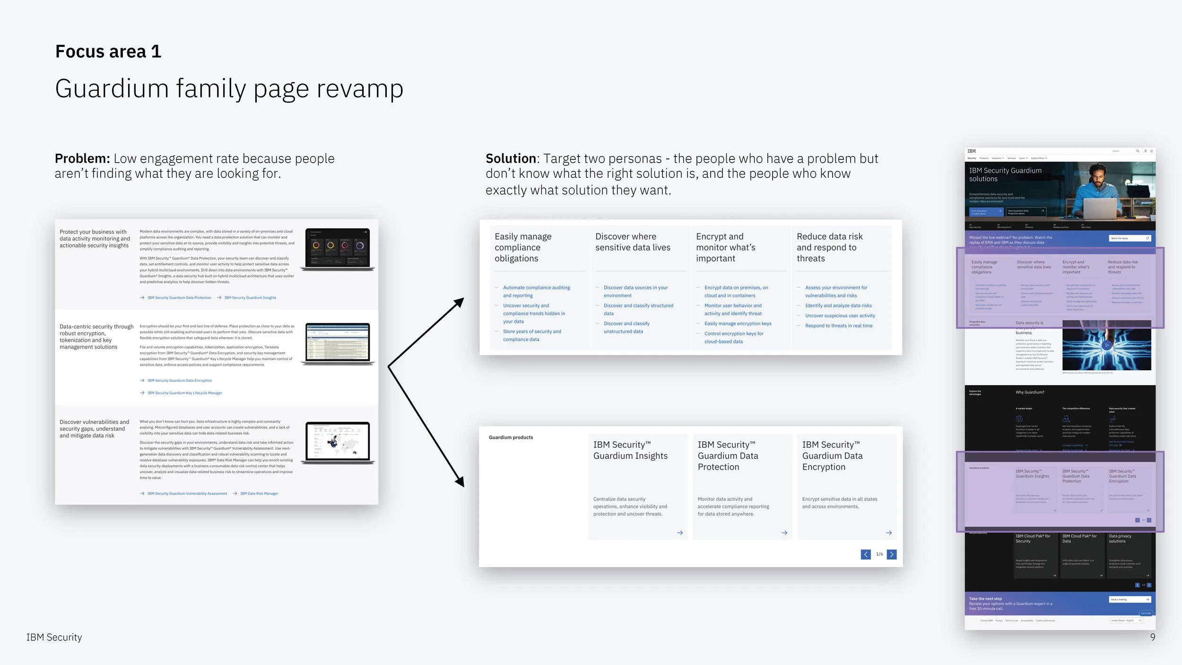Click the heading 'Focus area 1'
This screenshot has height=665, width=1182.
click(x=108, y=52)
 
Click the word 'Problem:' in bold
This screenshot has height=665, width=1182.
click(x=82, y=158)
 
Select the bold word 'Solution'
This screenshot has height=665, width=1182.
click(x=511, y=158)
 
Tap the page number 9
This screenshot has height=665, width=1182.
click(x=1153, y=637)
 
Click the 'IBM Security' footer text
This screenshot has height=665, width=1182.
click(x=54, y=637)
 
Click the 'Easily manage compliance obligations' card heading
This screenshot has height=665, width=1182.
click(x=523, y=247)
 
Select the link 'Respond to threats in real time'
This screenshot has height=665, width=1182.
click(x=838, y=326)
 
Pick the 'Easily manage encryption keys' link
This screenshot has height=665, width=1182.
click(x=738, y=324)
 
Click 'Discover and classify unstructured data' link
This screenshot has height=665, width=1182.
click(x=626, y=327)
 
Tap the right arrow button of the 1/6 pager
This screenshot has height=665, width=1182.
click(x=892, y=554)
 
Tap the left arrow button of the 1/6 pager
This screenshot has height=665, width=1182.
click(x=866, y=554)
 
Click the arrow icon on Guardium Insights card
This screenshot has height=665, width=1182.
click(x=680, y=533)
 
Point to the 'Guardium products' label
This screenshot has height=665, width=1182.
click(x=511, y=437)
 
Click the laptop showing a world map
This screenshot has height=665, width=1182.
click(x=338, y=442)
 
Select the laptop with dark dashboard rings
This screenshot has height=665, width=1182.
click(x=338, y=248)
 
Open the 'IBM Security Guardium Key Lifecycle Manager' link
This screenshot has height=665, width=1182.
click(x=184, y=393)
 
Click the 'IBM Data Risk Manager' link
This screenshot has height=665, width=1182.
click(x=259, y=494)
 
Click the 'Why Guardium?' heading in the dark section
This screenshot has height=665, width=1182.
click(x=1030, y=392)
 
